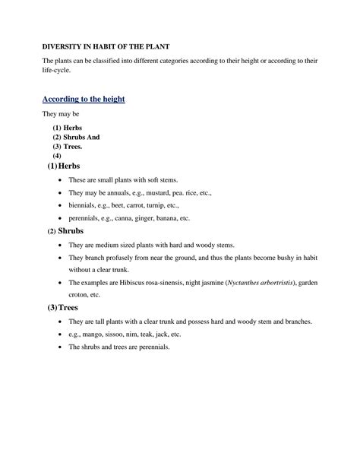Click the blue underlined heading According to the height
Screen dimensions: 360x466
83,100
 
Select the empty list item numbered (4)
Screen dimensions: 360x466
57,156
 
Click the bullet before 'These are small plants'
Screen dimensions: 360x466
59,180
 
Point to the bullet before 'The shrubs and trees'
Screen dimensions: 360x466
59,347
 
